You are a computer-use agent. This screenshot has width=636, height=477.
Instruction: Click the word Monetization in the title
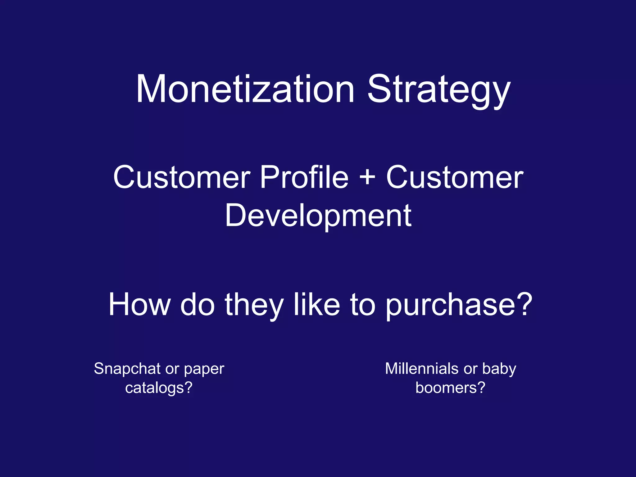pyautogui.click(x=245, y=89)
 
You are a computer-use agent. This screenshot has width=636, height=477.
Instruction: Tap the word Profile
pyautogui.click(x=304, y=177)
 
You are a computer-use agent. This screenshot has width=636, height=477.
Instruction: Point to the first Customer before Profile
pyautogui.click(x=182, y=177)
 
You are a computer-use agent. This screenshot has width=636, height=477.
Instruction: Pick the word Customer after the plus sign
pyautogui.click(x=455, y=177)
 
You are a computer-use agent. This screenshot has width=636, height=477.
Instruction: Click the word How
pyautogui.click(x=139, y=305)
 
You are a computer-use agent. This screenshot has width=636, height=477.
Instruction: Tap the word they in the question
pyautogui.click(x=254, y=305)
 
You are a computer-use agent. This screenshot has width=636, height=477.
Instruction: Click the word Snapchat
pyautogui.click(x=127, y=369)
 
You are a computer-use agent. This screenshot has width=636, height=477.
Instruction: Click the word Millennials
pyautogui.click(x=422, y=369)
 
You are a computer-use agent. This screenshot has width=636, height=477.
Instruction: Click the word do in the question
pyautogui.click(x=198, y=305)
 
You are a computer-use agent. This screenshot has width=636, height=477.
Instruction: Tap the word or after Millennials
pyautogui.click(x=470, y=369)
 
